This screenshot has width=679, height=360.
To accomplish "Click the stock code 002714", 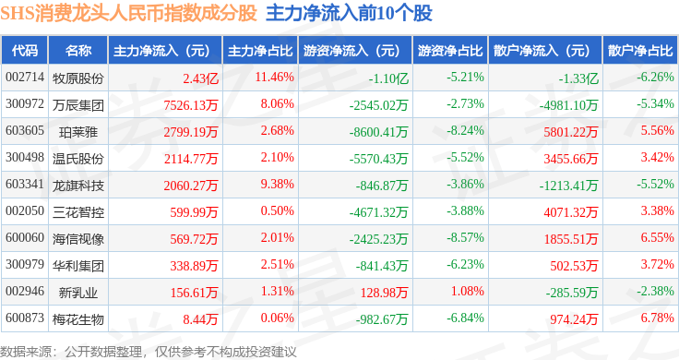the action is coord(25,78).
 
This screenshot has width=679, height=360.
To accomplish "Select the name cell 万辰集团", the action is coord(77,105).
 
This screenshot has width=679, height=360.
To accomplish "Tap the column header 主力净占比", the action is coord(260,51).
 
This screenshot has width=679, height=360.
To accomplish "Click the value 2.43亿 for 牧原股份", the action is coord(200,78).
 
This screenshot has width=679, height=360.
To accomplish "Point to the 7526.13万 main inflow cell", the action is coord(191,105).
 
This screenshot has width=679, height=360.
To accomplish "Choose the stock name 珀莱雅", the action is coord(77,132).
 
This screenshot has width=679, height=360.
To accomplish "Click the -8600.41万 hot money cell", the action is coord(378,132).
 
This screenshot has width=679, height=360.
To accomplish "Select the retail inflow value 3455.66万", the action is coord(571,159).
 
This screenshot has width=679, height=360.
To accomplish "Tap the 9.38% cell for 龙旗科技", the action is coord(277,184).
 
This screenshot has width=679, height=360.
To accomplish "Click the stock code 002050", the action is coord(25,211).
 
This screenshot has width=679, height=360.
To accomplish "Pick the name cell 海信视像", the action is coord(77,239).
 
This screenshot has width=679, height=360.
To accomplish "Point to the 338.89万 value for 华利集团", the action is coord(194,266).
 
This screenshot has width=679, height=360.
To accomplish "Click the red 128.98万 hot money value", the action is coord(384,293).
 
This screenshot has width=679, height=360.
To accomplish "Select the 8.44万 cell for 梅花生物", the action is coord(200,319).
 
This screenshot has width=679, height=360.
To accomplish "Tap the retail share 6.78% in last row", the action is coord(658,318).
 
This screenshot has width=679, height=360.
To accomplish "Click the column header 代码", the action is coord(25,51).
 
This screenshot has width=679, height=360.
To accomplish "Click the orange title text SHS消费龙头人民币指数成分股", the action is coord(128,14).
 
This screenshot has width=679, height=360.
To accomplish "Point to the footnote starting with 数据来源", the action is coord(149,352).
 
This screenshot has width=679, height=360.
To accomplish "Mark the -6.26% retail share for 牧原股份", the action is coord(655,78).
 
